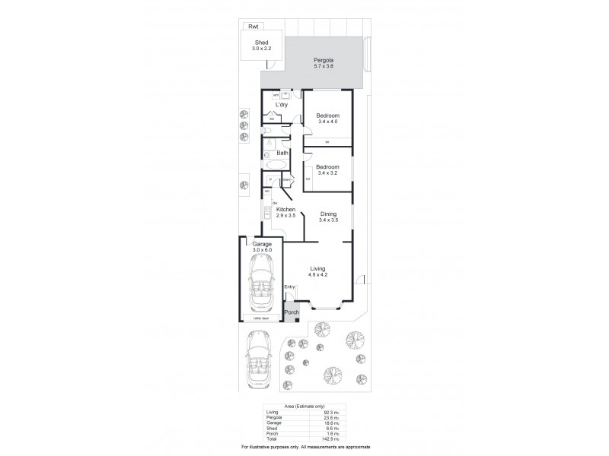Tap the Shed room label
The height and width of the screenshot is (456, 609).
click(x=261, y=42)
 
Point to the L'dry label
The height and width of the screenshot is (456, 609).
click(x=281, y=105)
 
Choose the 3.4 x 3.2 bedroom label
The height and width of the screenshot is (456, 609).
click(x=327, y=171)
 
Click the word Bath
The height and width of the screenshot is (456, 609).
click(x=282, y=153)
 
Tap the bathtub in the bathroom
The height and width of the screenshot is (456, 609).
click(x=274, y=163)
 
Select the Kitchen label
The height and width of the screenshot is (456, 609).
click(x=285, y=210)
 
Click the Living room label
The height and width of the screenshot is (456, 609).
click(x=319, y=267)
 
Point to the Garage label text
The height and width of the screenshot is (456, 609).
click(x=262, y=244)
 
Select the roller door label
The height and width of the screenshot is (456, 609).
click(x=262, y=318)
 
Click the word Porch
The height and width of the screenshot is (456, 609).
click(x=292, y=312)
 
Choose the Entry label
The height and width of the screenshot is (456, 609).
click(x=289, y=287)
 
